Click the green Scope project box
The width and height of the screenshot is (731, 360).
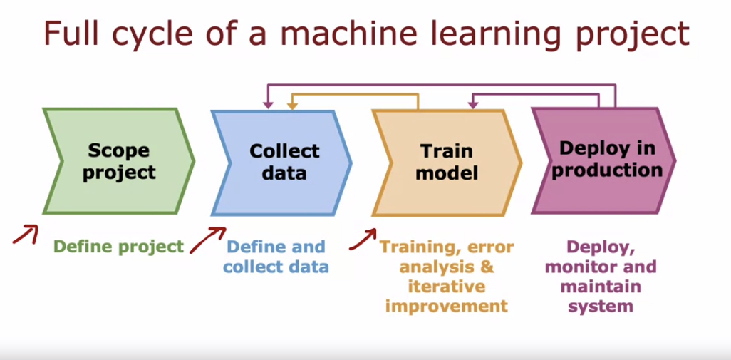pos(119,161)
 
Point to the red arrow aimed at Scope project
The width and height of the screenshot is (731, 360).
pos(26,233)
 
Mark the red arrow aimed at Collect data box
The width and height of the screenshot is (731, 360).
pos(207,240)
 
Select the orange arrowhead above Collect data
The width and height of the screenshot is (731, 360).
pos(291,106)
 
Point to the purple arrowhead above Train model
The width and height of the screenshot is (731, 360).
pos(472,105)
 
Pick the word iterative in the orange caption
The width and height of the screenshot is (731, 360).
pos(447,287)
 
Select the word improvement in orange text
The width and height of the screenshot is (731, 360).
pos(447,307)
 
